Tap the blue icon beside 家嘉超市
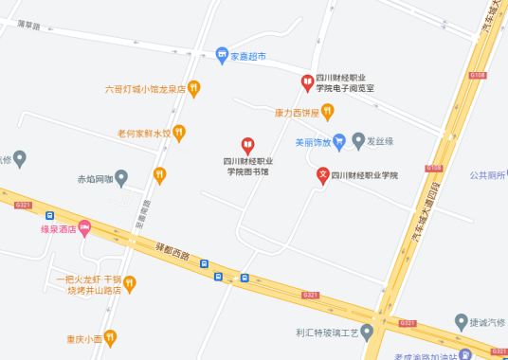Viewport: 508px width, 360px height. click(222, 54)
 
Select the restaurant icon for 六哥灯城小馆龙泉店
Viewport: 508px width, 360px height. click(194, 89)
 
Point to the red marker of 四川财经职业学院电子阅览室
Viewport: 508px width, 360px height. click(306, 81)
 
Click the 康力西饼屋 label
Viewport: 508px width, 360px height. click(296, 112)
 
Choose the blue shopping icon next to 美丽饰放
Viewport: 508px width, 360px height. click(339, 142)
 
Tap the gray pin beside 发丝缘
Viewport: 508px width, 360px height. click(358, 141)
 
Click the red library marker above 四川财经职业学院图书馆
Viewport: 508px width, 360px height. click(247, 145)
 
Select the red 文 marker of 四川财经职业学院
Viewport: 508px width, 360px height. click(323, 174)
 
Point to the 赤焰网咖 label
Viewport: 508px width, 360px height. click(95, 177)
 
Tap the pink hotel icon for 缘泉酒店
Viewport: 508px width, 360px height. click(84, 227)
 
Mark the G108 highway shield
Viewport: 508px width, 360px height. click(478, 75)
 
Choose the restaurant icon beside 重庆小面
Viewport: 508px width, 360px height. click(110, 337)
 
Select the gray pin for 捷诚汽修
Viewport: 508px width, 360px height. click(462, 321)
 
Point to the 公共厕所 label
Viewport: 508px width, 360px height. click(488, 174)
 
